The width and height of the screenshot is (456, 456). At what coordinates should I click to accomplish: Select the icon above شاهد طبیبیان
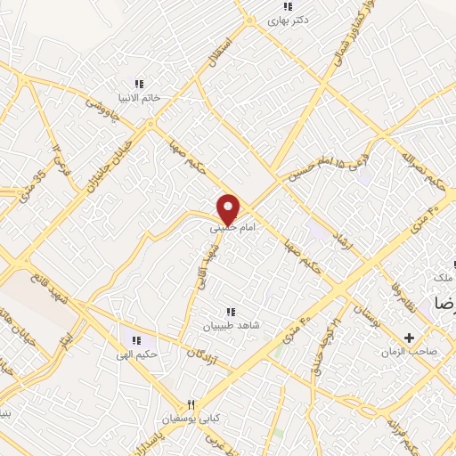click(x=231, y=312)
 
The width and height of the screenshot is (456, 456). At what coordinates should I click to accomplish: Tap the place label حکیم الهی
click(x=136, y=354)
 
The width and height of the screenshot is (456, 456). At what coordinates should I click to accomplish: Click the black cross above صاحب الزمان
click(x=410, y=338)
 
